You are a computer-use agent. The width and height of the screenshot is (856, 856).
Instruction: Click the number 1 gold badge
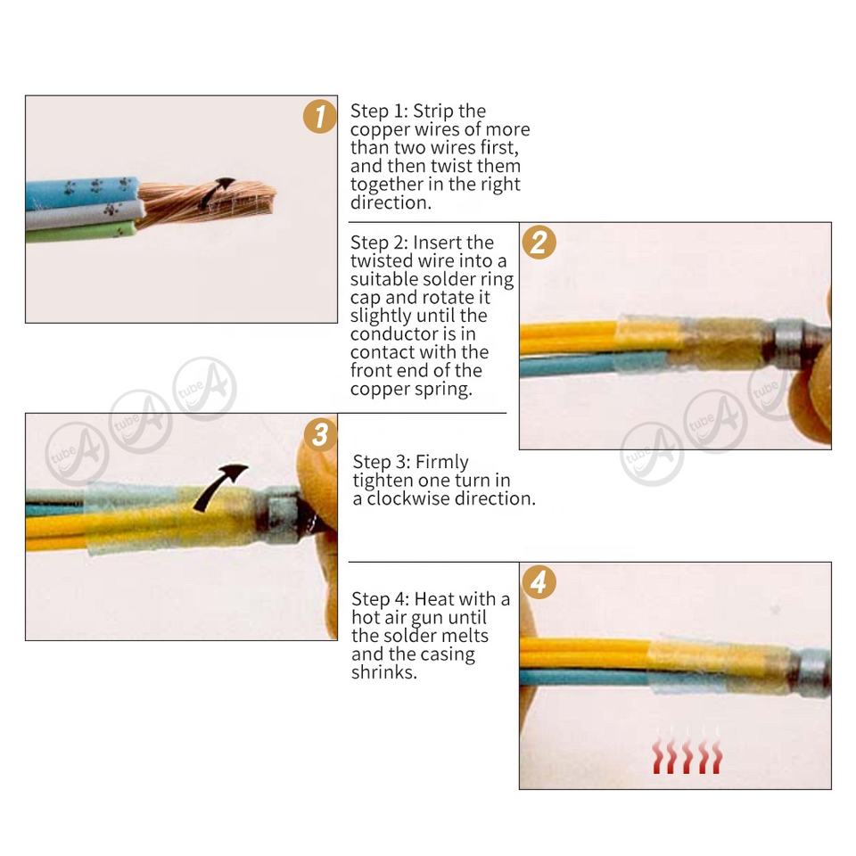[x=320, y=116]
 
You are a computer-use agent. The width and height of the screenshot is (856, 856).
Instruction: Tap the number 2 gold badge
[x=539, y=243]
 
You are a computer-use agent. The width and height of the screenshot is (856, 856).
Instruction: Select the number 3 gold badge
[x=320, y=434]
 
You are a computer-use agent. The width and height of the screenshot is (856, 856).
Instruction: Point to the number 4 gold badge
[x=539, y=582]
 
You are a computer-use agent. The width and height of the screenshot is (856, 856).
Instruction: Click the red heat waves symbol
[x=687, y=756]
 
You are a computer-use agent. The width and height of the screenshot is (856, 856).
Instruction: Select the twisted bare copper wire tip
[x=208, y=203]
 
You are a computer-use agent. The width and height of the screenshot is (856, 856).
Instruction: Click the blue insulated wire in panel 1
[x=82, y=193]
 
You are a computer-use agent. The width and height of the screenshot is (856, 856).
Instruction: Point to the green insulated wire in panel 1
[x=81, y=233]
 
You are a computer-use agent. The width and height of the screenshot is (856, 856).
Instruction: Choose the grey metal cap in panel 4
[x=813, y=673]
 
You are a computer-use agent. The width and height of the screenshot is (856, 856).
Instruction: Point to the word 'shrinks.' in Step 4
[x=384, y=672]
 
